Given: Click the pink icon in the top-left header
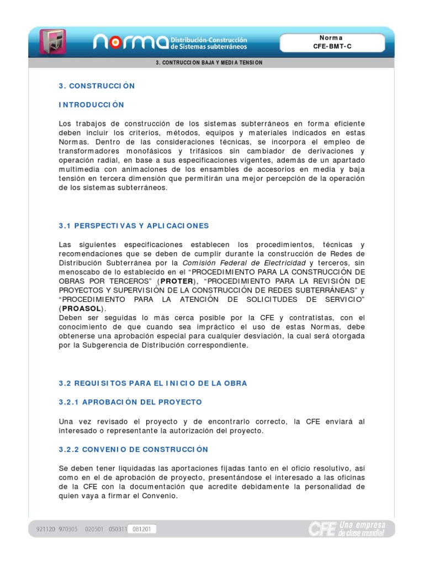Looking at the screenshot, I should [x=53, y=41].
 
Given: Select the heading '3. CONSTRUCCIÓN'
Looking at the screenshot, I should [x=97, y=86].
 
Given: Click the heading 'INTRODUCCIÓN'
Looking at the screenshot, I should [x=92, y=105].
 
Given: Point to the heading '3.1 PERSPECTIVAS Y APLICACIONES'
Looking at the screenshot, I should [x=134, y=226].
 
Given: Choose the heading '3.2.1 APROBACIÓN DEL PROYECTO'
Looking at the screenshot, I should [x=130, y=402].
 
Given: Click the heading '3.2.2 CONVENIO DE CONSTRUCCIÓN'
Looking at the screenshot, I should [x=134, y=450].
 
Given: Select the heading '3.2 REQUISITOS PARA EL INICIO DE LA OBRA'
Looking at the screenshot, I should [x=153, y=383].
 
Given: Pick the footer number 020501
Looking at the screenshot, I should [x=94, y=529].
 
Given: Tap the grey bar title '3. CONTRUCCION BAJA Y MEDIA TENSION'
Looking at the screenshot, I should [x=210, y=63].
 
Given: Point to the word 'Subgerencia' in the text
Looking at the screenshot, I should [x=105, y=345].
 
